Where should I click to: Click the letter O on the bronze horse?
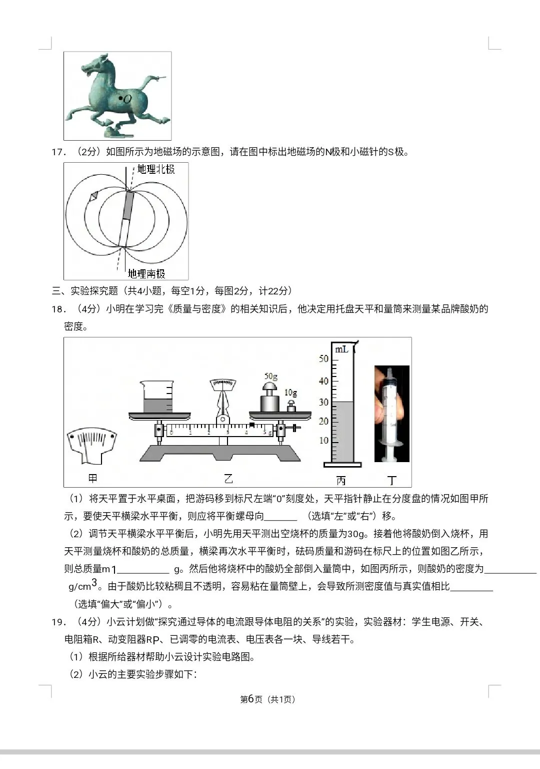click(128, 99)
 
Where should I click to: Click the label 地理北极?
click(156, 169)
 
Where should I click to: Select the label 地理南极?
click(146, 273)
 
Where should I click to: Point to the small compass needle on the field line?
click(93, 197)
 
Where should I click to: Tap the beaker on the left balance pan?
click(157, 398)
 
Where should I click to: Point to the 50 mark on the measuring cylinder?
click(324, 359)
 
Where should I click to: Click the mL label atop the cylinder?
click(341, 349)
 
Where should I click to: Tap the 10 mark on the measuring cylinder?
click(324, 441)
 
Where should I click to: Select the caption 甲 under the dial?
click(93, 479)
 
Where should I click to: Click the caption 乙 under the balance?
click(228, 479)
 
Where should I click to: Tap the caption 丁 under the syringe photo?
click(392, 481)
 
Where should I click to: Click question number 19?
click(58, 622)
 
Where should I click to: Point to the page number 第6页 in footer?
click(251, 699)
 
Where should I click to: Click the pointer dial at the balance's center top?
click(223, 385)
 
